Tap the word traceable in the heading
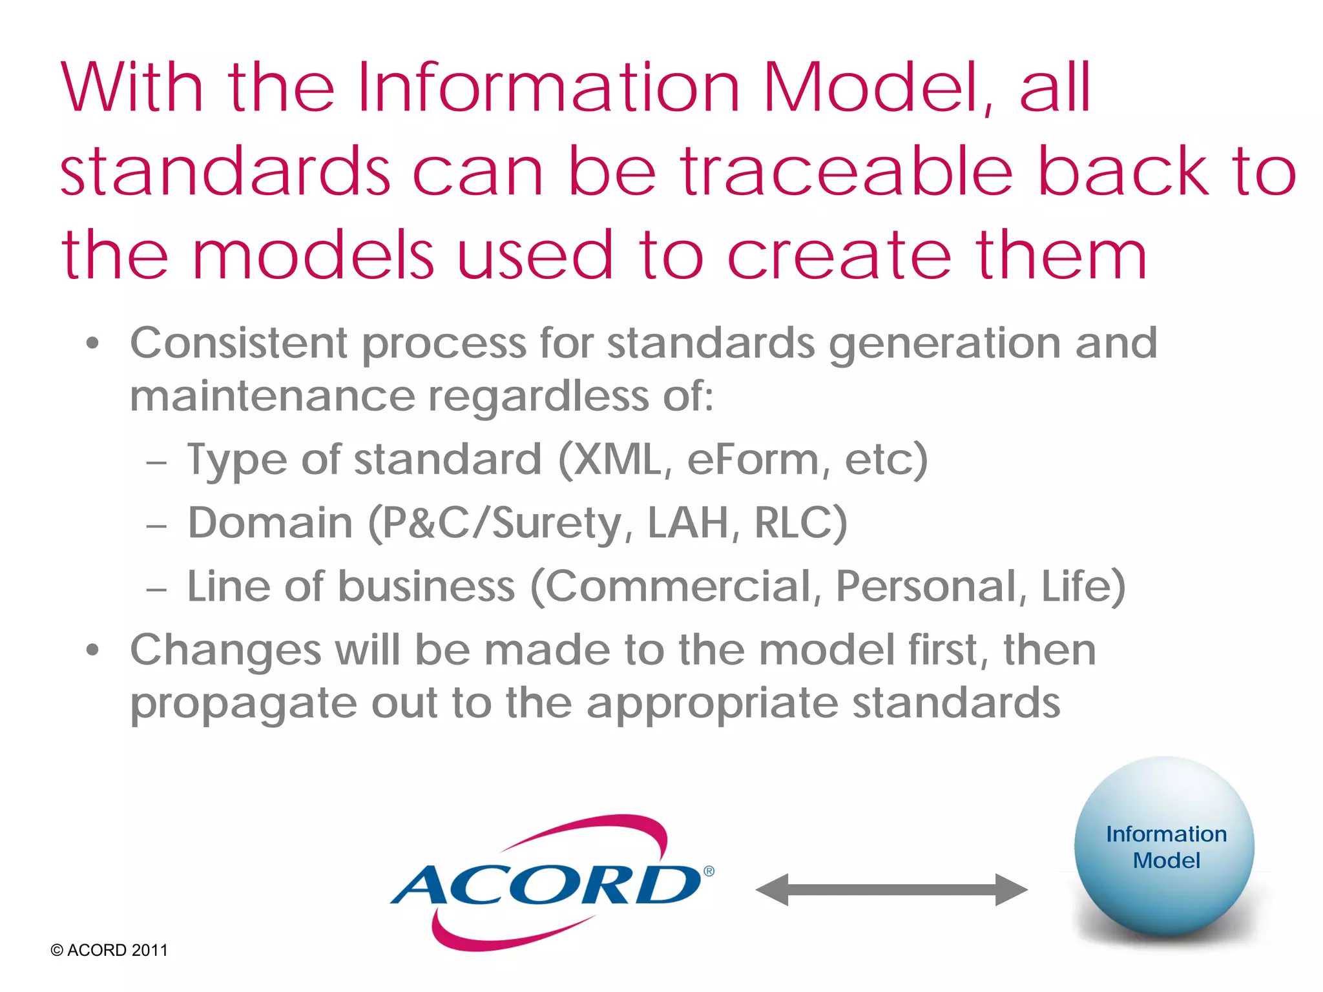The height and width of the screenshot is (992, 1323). point(846,171)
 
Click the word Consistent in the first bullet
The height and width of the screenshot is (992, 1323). point(238,343)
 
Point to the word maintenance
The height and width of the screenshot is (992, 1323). point(272,396)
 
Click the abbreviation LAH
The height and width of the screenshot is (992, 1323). point(689,522)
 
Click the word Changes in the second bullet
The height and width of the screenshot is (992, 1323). point(225,650)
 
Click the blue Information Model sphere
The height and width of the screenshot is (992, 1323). point(1165,847)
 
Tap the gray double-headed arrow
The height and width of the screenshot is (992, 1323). point(891,890)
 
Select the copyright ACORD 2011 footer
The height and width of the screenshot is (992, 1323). point(109,950)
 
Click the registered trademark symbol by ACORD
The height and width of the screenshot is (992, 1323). point(709,871)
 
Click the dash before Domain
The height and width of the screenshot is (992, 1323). point(156,526)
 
